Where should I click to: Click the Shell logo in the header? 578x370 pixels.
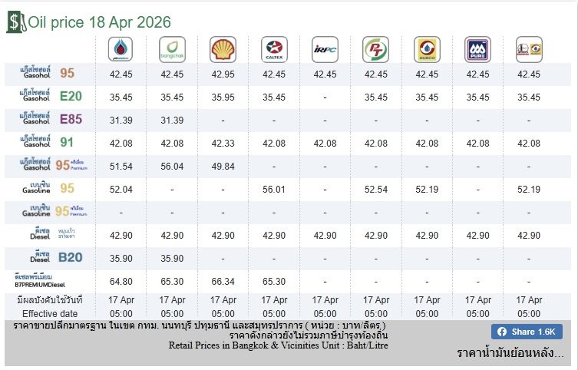pyautogui.click(x=223, y=50)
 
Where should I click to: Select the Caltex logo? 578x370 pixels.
pyautogui.click(x=274, y=50)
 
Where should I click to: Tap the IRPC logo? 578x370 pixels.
pyautogui.click(x=325, y=50)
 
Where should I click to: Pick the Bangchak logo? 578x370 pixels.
pyautogui.click(x=172, y=50)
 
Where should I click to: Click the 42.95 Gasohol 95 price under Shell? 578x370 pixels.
pyautogui.click(x=223, y=74)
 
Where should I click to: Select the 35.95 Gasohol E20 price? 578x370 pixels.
pyautogui.click(x=223, y=97)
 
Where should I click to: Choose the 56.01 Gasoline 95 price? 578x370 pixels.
pyautogui.click(x=274, y=189)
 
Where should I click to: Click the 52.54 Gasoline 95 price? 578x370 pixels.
pyautogui.click(x=376, y=189)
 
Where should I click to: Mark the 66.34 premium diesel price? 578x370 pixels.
pyautogui.click(x=223, y=282)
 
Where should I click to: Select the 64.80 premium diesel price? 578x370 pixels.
pyautogui.click(x=121, y=282)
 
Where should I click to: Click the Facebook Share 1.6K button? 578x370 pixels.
pyautogui.click(x=527, y=332)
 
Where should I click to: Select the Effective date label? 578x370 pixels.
pyautogui.click(x=50, y=313)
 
